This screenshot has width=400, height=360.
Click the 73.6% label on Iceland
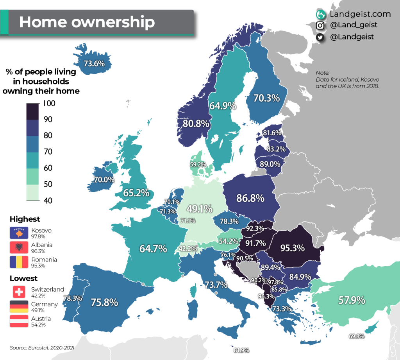click(92, 63)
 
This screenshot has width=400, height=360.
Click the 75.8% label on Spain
click(104, 302)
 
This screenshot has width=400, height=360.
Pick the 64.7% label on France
click(154, 248)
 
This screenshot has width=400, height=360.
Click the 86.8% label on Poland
click(250, 198)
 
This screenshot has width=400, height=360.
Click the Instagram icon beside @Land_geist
click(320, 25)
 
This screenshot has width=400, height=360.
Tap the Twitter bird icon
click(320, 37)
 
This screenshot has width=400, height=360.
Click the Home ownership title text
click(87, 22)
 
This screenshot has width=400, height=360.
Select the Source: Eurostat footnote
click(42, 347)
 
